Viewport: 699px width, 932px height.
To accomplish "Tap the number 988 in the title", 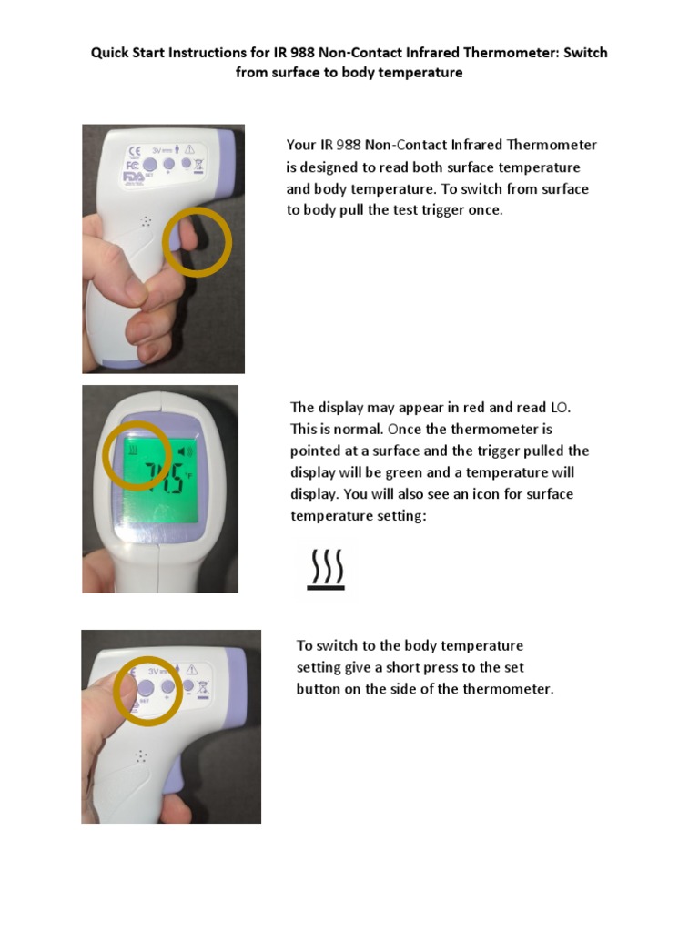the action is point(302,52).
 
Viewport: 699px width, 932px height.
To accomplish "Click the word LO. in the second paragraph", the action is point(560,408).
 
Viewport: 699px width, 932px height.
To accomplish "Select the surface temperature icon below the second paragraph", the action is point(326,570).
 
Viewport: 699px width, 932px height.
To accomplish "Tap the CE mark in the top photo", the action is point(135,151).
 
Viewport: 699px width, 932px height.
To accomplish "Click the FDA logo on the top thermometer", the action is point(133,177).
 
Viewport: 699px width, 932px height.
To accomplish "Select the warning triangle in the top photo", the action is point(189,149).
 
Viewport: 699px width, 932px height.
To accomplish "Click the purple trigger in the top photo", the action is point(179,236).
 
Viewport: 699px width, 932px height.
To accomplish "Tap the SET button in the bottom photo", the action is point(146,688).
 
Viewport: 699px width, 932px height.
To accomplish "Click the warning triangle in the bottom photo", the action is point(192,670).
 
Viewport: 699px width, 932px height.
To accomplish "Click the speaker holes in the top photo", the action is point(146,222).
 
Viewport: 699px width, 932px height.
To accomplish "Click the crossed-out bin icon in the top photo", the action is point(198,166).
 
